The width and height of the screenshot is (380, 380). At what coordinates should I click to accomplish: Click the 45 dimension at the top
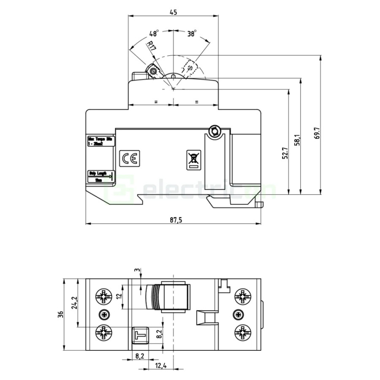click(x=173, y=12)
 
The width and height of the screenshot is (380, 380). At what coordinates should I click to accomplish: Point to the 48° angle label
click(x=153, y=33)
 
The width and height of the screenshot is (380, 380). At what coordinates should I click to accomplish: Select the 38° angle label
click(x=192, y=33)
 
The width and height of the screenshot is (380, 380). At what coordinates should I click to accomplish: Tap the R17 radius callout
click(x=151, y=47)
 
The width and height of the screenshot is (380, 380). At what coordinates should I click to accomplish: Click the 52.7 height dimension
click(x=285, y=153)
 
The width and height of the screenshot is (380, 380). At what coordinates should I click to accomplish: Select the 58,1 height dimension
click(x=297, y=140)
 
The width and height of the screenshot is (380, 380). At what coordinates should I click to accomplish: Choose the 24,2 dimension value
click(x=74, y=302)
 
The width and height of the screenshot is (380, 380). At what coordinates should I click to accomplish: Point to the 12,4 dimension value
click(x=161, y=365)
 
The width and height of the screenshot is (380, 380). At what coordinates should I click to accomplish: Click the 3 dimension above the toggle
click(x=136, y=270)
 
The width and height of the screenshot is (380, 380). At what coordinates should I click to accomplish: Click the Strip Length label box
click(x=100, y=176)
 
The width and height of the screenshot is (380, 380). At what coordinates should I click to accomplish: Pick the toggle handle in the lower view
click(x=169, y=297)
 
